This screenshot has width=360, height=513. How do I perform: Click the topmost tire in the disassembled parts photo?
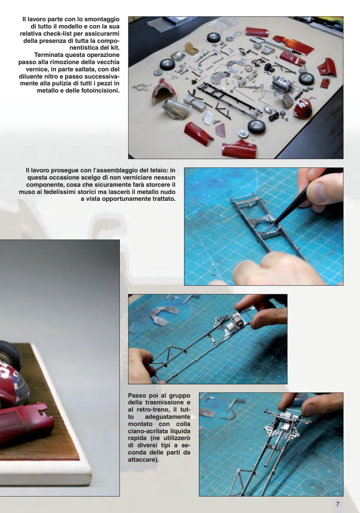pyautogui.click(x=213, y=38)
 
